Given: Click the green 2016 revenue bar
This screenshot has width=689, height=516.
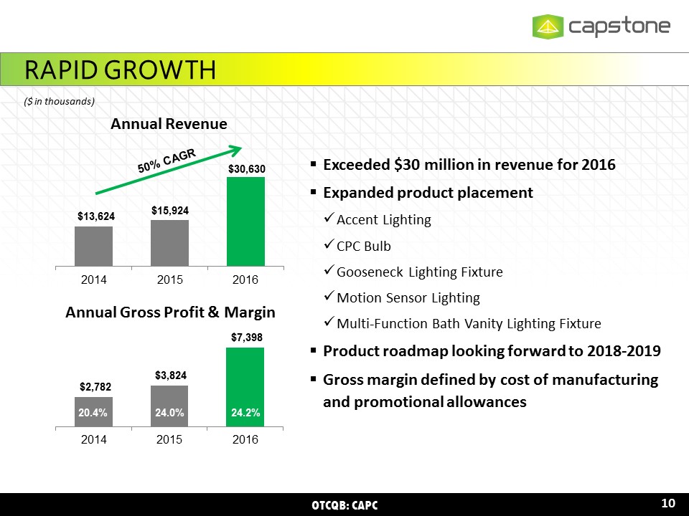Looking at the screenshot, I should click(245, 221).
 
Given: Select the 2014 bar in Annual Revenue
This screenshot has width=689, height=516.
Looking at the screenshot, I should click(93, 246).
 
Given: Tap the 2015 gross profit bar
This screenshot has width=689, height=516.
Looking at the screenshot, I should click(169, 405).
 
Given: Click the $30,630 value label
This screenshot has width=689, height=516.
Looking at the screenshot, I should click(245, 168).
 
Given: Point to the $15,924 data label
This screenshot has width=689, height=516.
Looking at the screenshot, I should click(169, 211).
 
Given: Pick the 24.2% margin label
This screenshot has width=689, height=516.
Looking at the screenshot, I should click(245, 412).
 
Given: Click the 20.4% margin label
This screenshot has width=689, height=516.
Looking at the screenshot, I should click(93, 412).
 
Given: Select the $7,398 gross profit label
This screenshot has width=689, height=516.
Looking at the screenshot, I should click(245, 337).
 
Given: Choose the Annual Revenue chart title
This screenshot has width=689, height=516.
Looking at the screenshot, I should click(169, 124).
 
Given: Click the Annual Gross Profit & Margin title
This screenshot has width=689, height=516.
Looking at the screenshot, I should click(170, 312).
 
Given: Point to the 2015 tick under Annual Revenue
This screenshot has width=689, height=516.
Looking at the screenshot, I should click(169, 279).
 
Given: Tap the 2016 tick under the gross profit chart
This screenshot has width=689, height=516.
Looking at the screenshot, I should click(245, 439).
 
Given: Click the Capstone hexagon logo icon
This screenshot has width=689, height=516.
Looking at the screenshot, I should click(548, 27).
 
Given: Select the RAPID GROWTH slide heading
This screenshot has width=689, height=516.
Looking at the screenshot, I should click(120, 70).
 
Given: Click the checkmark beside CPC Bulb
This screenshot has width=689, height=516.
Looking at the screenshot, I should click(329, 246).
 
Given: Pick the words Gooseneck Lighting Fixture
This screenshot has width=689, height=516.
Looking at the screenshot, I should click(419, 272).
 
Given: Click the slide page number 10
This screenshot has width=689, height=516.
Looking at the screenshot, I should click(668, 503).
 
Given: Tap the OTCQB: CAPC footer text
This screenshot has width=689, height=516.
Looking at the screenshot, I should click(344, 505).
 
